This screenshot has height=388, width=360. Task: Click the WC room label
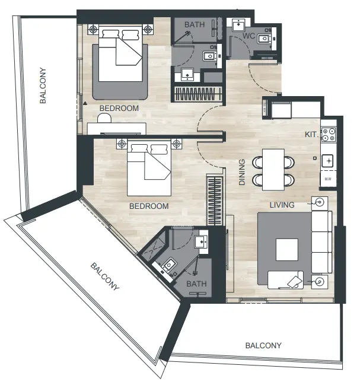[x=249, y=36]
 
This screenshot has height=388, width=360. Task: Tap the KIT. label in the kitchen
[x=311, y=135]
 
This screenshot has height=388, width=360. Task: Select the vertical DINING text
[x=242, y=171]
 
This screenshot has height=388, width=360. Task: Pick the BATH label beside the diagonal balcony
[x=196, y=284]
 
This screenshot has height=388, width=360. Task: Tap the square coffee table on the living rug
[x=287, y=248]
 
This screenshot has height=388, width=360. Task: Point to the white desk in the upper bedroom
[x=117, y=127]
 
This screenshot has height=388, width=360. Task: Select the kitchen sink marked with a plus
[x=328, y=160]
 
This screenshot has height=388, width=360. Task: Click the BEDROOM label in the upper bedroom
[x=119, y=109]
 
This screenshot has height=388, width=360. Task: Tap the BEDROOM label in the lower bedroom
[x=148, y=206]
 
